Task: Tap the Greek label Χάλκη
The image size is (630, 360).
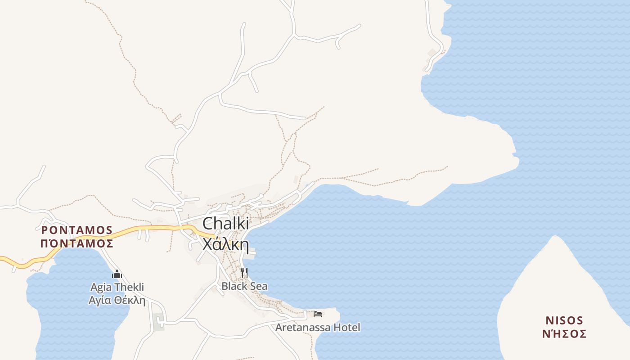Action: (225, 244)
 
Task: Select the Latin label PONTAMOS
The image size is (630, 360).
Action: (76, 230)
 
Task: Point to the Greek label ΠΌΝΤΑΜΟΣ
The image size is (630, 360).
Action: (76, 243)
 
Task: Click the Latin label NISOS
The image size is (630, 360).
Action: (564, 320)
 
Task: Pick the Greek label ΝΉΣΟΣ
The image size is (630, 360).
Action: (564, 333)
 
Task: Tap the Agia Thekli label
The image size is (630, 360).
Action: (117, 287)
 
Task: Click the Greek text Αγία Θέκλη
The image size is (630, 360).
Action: (117, 300)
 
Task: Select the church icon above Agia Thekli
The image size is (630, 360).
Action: (117, 274)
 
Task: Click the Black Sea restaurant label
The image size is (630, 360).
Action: (244, 286)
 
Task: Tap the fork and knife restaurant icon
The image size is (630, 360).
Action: (244, 272)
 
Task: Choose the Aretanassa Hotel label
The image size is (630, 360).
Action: (318, 327)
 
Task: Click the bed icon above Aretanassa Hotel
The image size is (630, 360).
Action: (318, 314)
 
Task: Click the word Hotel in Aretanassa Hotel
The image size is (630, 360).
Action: (346, 327)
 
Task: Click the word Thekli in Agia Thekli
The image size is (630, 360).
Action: (129, 287)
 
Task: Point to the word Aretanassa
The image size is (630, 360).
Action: (303, 327)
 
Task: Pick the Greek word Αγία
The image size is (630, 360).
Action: (100, 300)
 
